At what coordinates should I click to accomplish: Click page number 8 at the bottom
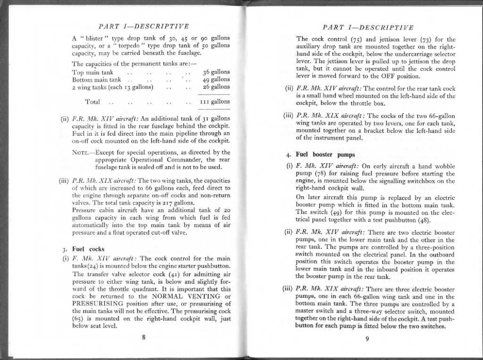coord(143,337)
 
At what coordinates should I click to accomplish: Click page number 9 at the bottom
coord(367,338)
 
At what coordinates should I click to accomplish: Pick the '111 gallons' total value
coord(215,101)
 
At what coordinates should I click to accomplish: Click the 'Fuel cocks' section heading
coord(88,249)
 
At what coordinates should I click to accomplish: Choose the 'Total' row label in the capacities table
coord(92,102)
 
